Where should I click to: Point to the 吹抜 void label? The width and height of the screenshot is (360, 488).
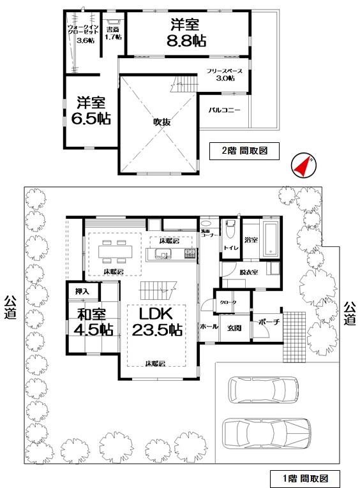(160, 122)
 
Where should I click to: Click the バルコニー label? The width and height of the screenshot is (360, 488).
(224, 110)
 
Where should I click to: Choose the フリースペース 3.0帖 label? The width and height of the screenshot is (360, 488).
(223, 75)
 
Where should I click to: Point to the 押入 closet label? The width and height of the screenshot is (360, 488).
(82, 292)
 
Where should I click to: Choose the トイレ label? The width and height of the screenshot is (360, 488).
(230, 246)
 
